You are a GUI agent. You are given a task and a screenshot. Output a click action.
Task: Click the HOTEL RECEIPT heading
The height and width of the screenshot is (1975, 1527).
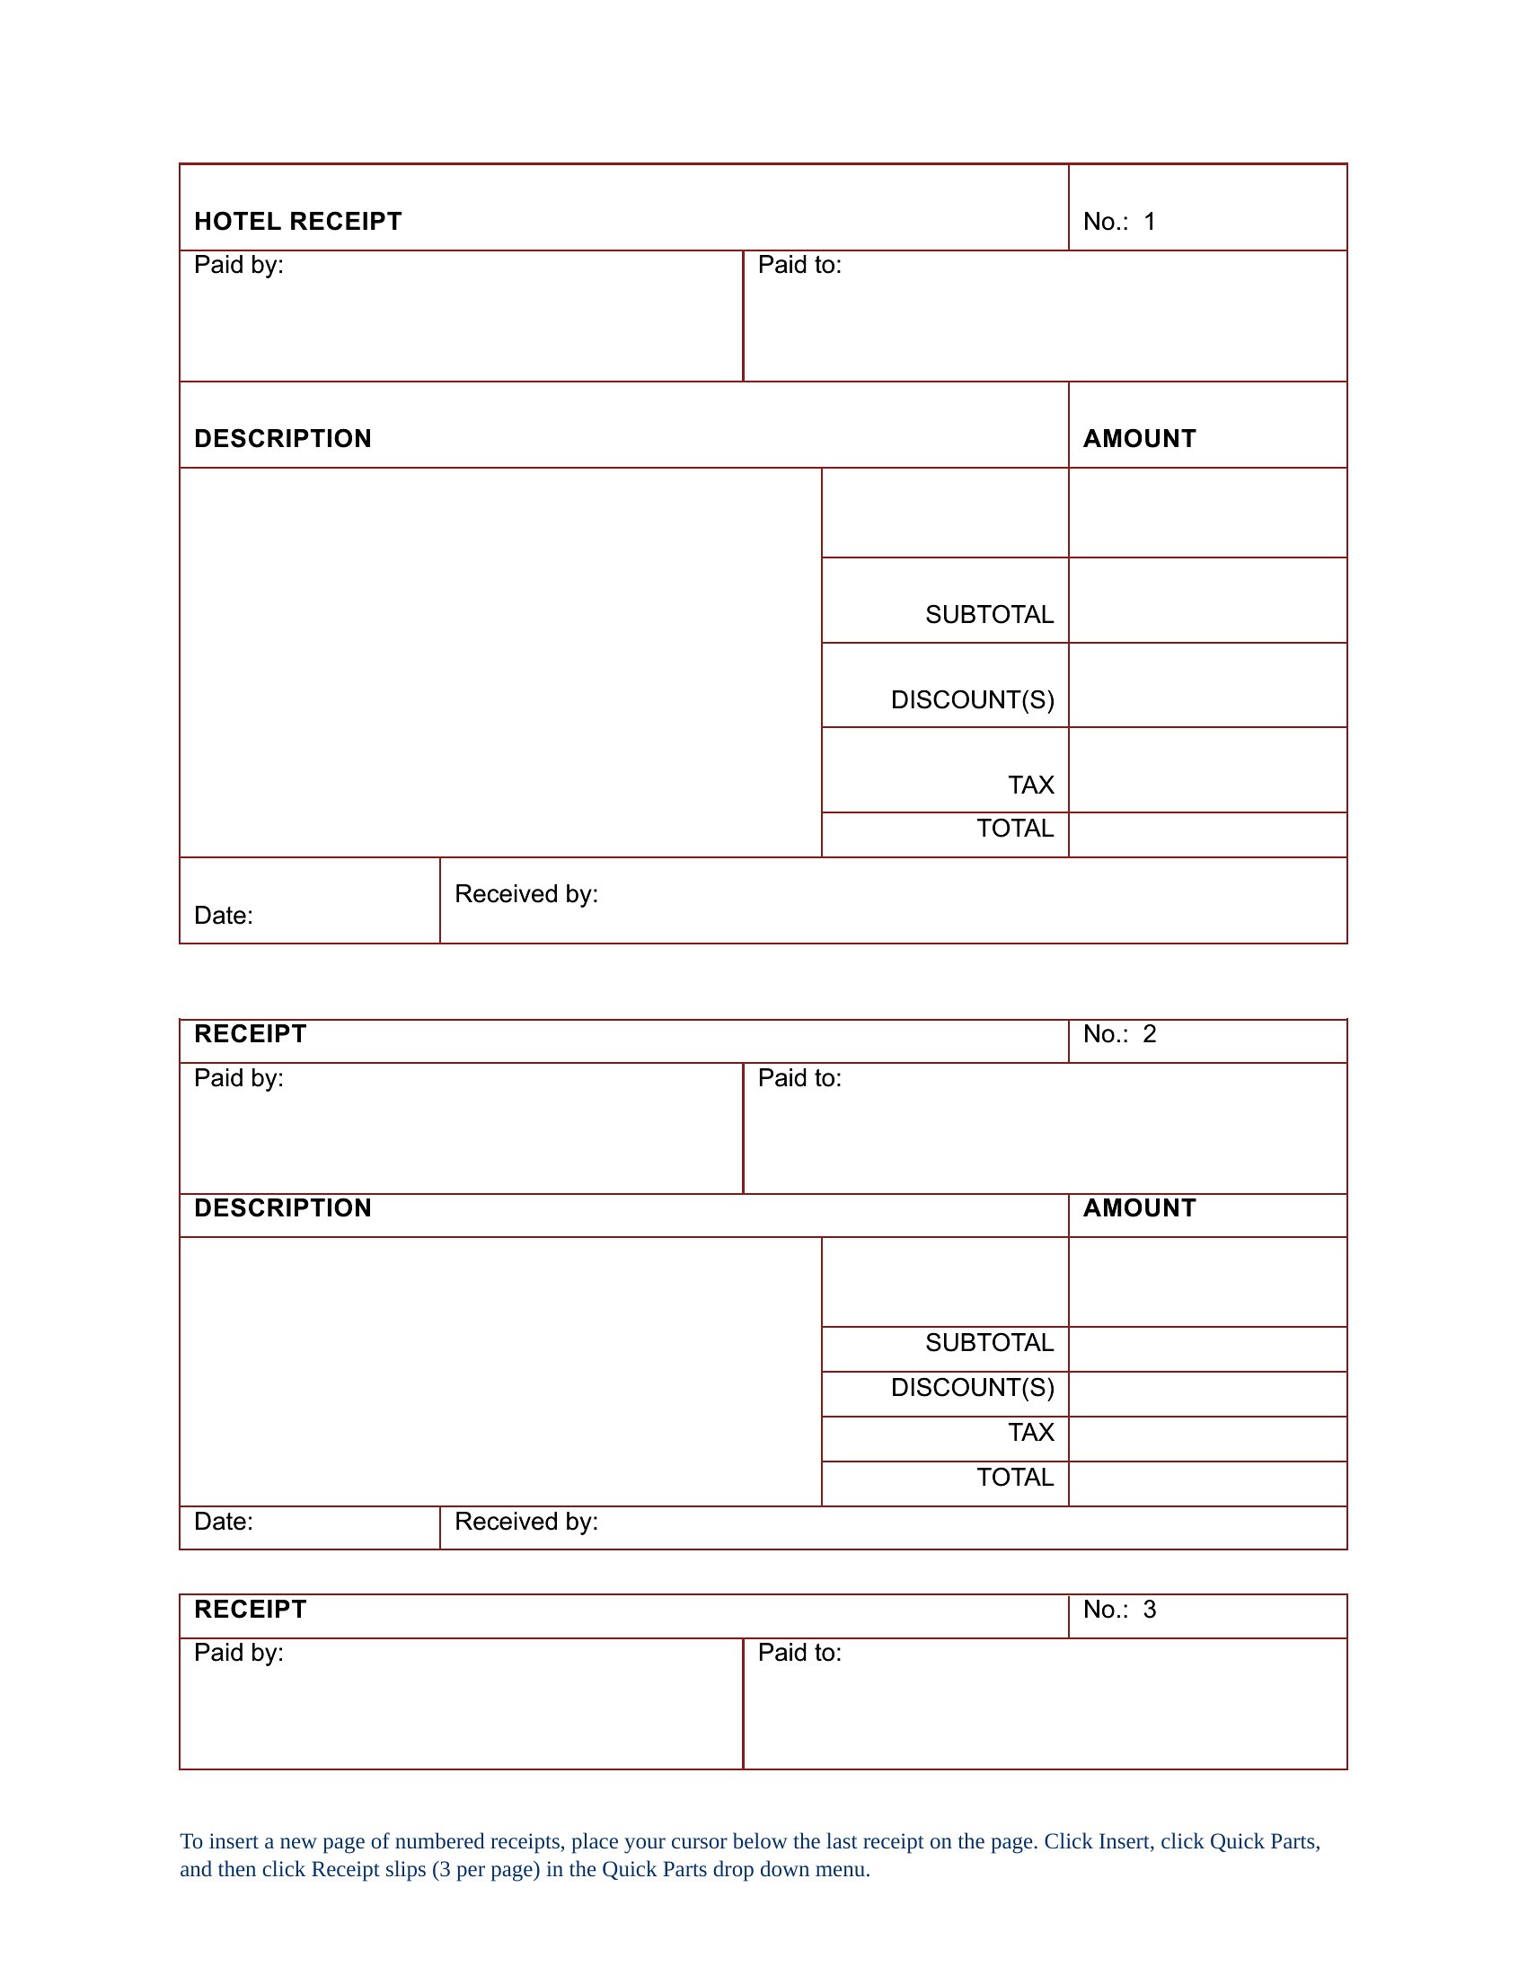tap(297, 222)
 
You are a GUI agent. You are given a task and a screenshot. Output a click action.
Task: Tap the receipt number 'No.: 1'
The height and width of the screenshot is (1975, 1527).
tap(1119, 222)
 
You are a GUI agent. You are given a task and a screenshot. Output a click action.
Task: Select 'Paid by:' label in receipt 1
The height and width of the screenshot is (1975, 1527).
tap(239, 265)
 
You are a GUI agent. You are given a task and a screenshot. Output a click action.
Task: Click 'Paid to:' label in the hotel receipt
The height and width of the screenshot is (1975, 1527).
tap(799, 265)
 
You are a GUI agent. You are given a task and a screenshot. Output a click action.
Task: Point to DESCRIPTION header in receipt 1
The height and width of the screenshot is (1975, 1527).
tap(282, 439)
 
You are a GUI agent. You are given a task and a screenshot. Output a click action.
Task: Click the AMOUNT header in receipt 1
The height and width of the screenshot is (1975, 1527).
tap(1139, 439)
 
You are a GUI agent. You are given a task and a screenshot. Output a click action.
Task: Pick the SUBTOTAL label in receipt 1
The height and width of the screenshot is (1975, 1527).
tap(989, 615)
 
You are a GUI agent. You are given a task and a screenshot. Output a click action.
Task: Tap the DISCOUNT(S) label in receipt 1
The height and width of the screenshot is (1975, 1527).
tap(973, 700)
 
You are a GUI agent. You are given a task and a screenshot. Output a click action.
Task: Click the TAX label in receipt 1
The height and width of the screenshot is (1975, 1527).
tap(1031, 785)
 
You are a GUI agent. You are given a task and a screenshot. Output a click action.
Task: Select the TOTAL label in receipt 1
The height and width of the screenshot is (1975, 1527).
tap(1015, 829)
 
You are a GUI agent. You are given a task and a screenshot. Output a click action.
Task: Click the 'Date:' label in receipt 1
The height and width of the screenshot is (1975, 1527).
tap(224, 916)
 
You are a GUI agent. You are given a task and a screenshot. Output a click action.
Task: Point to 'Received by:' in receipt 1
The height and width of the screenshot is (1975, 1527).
tap(525, 894)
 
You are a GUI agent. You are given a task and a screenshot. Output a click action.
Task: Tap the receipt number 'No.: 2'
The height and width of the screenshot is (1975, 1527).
tap(1119, 1034)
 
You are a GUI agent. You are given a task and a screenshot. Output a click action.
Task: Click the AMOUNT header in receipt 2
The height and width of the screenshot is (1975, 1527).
tap(1139, 1208)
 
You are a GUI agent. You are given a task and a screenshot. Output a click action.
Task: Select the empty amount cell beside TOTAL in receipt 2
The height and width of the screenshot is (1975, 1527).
tap(1206, 1484)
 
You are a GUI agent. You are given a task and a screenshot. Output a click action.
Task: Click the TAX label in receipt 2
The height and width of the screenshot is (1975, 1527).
tap(1031, 1433)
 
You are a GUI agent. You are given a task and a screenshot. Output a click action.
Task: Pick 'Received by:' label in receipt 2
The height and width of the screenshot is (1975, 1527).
tap(525, 1522)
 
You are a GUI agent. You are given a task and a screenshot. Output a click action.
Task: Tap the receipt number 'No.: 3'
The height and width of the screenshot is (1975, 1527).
tap(1119, 1610)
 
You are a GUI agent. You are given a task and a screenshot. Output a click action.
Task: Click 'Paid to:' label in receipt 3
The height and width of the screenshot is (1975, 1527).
tap(799, 1653)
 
